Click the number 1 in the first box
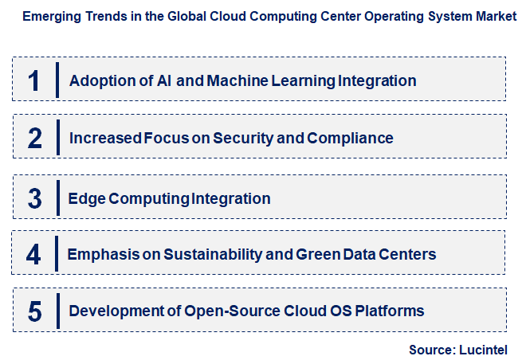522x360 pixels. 33,80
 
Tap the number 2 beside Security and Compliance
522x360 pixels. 34,138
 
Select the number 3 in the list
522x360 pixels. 34,198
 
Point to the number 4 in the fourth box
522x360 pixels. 33,254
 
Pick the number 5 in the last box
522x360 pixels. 34,311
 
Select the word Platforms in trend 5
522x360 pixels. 390,311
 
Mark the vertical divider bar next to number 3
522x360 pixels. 57,198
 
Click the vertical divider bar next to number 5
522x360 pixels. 57,311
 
